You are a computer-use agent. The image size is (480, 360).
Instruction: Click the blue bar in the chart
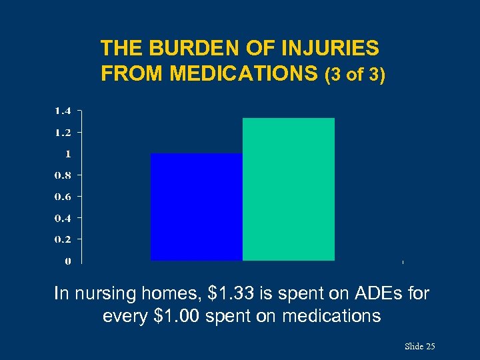click(196, 207)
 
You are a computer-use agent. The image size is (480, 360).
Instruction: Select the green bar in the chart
click(288, 189)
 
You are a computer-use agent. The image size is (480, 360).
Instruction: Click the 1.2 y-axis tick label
click(63, 132)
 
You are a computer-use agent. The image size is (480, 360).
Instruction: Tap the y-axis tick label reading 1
click(67, 153)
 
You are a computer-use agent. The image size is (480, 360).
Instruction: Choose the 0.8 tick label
click(63, 175)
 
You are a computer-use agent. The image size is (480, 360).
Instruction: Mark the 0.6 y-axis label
click(63, 196)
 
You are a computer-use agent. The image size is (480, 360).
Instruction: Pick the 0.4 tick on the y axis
click(63, 217)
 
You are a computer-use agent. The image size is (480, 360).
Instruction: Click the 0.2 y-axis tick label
click(63, 239)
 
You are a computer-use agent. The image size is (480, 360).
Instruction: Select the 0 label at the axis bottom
click(68, 261)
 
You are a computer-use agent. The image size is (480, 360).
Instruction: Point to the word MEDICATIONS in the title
click(244, 74)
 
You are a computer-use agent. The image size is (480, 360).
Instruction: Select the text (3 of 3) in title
click(354, 75)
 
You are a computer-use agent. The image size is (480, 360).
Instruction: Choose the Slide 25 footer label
click(419, 347)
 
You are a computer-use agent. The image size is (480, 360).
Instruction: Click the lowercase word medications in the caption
click(331, 315)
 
